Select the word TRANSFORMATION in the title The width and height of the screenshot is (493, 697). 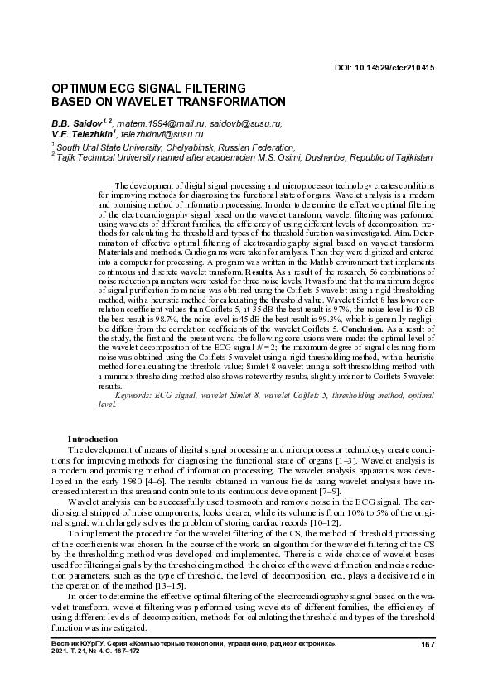click(228, 101)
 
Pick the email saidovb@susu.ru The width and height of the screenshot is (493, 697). click(245, 123)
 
